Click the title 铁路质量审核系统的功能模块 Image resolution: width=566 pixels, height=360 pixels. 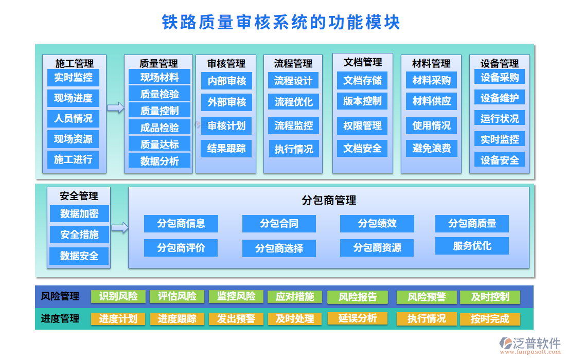click(x=281, y=23)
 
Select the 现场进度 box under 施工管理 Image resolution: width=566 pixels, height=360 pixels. click(x=73, y=98)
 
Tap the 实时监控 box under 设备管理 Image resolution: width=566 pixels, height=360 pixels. click(x=499, y=139)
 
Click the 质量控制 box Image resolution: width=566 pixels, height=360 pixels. click(x=160, y=110)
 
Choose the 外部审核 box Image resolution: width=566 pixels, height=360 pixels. click(x=226, y=102)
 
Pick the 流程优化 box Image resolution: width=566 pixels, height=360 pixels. click(x=293, y=102)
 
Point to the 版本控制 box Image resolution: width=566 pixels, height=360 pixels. click(x=362, y=101)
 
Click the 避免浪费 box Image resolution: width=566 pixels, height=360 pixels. click(x=431, y=149)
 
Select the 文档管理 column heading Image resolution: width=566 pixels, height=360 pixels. click(x=363, y=62)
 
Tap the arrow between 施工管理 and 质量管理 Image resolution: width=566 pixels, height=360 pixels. click(x=115, y=107)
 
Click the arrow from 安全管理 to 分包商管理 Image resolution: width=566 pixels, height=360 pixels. click(x=119, y=227)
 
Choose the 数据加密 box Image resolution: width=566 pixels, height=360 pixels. click(x=79, y=213)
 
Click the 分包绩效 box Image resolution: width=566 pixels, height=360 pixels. click(x=377, y=224)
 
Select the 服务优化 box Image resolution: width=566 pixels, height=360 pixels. click(x=472, y=246)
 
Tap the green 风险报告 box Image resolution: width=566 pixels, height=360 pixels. click(x=357, y=297)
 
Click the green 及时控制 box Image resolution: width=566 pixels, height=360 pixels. click(x=489, y=297)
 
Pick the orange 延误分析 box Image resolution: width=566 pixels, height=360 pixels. click(x=357, y=318)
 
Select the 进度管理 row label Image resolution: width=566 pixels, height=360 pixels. click(x=60, y=319)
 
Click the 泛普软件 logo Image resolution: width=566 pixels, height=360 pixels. click(x=530, y=345)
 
